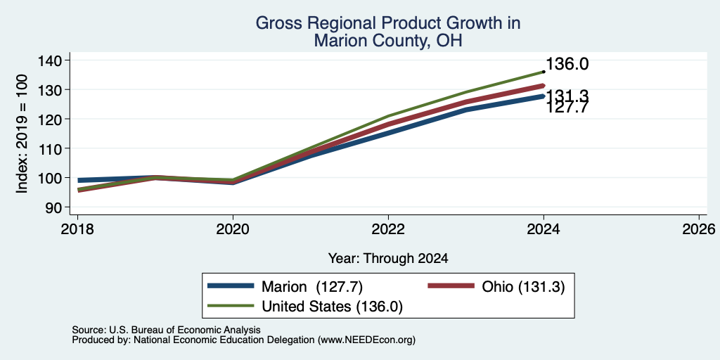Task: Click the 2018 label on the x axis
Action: click(77, 229)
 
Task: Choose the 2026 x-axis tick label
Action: click(700, 229)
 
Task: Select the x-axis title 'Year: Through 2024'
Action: click(388, 259)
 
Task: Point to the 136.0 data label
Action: click(567, 64)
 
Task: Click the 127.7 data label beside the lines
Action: click(567, 107)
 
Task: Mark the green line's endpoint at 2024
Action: click(544, 72)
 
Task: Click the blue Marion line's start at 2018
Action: click(78, 181)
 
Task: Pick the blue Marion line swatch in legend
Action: click(231, 286)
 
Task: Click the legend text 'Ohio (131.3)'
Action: click(523, 287)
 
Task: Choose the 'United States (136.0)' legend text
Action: click(332, 307)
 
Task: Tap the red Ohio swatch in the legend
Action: click(451, 286)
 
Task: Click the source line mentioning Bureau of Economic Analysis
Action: click(166, 330)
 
